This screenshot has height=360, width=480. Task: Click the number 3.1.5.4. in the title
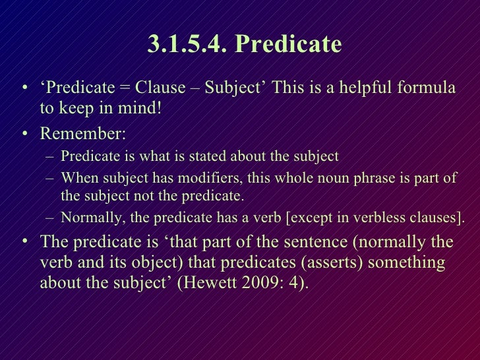(x=187, y=44)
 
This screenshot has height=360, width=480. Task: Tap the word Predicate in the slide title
(x=288, y=44)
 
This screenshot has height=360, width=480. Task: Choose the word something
(x=407, y=262)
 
